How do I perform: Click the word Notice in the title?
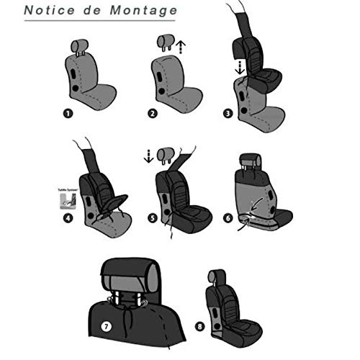tap(49, 12)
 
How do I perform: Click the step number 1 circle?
tap(68, 112)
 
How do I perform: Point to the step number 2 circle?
tap(152, 112)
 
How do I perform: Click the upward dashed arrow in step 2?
tap(181, 48)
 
